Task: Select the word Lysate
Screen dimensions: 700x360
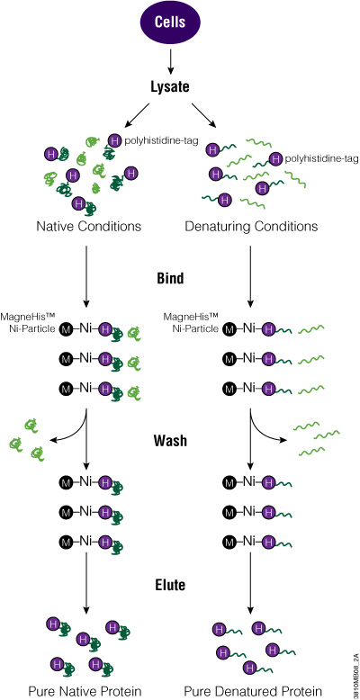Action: pyautogui.click(x=180, y=88)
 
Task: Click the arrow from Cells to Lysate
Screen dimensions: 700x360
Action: pyautogui.click(x=180, y=61)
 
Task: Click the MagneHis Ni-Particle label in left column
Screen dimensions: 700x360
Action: pyautogui.click(x=31, y=319)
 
